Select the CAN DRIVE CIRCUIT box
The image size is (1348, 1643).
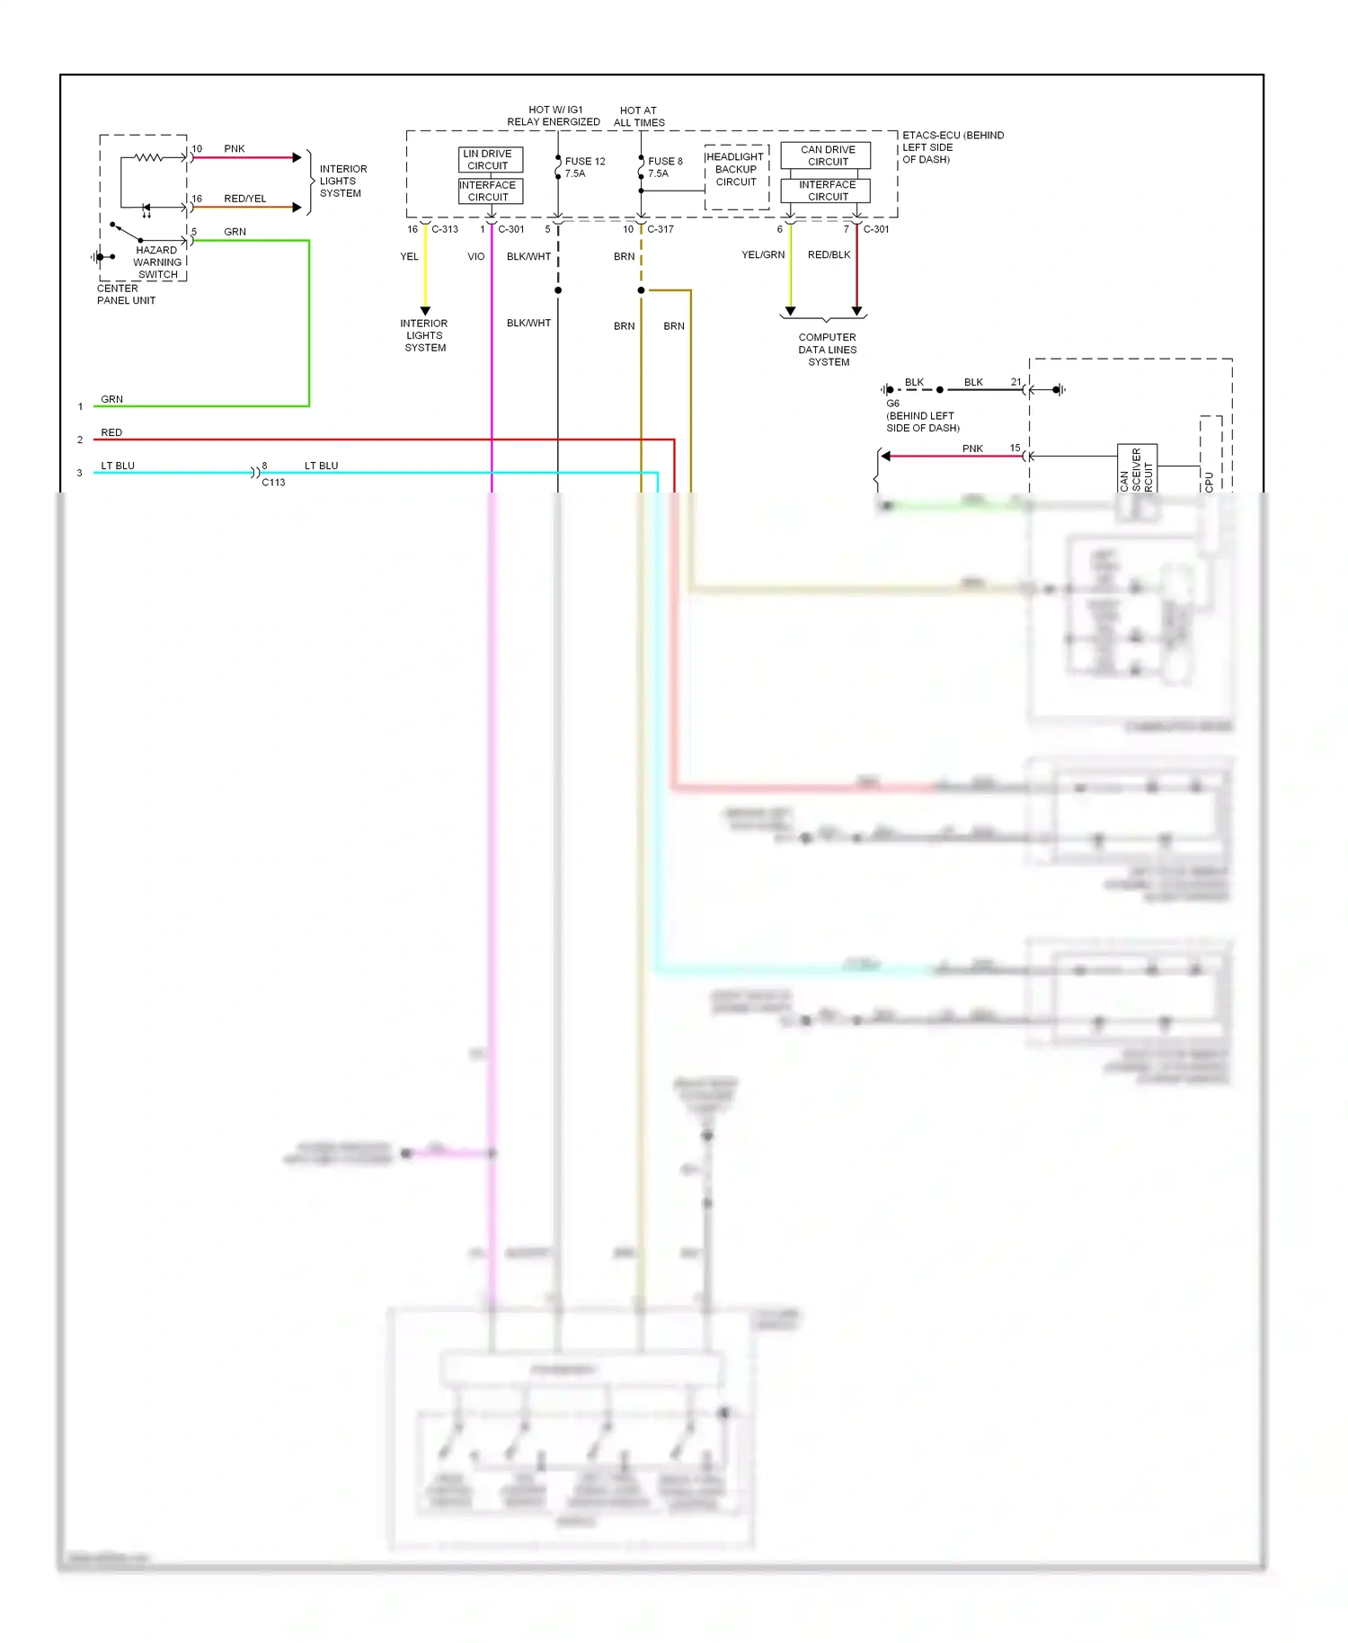[826, 155]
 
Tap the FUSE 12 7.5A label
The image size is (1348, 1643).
[584, 167]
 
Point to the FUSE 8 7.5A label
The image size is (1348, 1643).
[665, 167]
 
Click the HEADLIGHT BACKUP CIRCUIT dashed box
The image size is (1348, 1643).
[736, 176]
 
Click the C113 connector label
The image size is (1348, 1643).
[273, 483]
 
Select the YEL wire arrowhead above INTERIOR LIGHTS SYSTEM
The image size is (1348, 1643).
[425, 311]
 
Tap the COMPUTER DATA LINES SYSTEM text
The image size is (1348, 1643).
[828, 350]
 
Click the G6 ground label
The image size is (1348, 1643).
[892, 404]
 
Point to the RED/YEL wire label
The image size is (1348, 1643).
[244, 199]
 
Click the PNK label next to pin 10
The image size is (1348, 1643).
[235, 149]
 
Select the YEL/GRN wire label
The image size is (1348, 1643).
[763, 255]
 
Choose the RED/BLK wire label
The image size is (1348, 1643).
[829, 255]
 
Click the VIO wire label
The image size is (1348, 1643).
[475, 257]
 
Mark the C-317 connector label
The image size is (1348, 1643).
[660, 229]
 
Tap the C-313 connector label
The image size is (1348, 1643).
[445, 229]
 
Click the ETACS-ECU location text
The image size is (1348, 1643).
[952, 147]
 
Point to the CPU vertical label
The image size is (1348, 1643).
[1209, 481]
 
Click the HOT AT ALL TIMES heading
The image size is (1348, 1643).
[639, 117]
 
